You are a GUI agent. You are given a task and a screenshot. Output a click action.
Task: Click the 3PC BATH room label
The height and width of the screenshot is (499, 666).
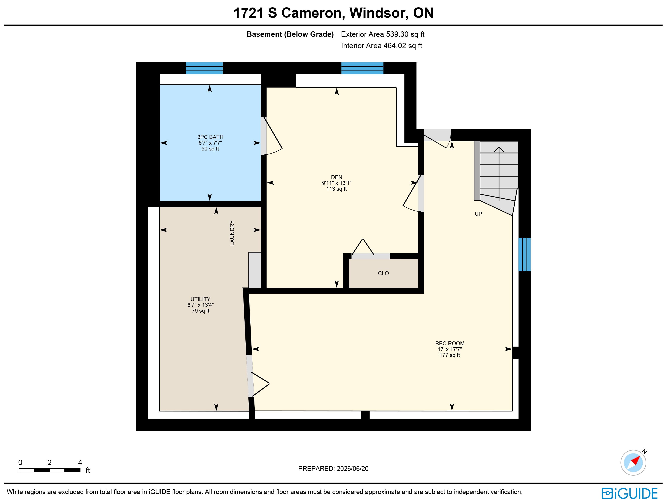click(x=210, y=137)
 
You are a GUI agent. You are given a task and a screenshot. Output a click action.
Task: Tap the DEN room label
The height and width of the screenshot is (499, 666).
click(x=337, y=177)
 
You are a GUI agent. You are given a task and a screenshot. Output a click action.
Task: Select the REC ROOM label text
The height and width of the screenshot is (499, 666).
click(x=450, y=343)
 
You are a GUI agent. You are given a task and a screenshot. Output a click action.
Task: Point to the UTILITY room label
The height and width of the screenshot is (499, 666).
click(x=200, y=299)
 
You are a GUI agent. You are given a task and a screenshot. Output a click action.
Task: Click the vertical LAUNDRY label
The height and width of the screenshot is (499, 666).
click(x=232, y=233)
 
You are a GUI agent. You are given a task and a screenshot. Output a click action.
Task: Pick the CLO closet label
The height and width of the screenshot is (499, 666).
click(x=383, y=273)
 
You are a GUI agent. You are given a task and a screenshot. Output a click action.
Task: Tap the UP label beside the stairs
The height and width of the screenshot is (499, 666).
click(x=478, y=214)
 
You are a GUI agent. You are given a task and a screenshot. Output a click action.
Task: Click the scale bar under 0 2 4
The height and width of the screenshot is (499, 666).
click(x=50, y=470)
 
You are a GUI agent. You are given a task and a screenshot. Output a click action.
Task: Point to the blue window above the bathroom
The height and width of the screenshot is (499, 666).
click(x=204, y=68)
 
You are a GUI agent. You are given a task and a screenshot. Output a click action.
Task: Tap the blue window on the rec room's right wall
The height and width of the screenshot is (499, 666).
click(x=524, y=255)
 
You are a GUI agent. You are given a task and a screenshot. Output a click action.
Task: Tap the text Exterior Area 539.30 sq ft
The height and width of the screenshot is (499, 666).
click(x=383, y=34)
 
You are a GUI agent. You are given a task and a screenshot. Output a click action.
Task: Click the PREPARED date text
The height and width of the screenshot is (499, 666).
click(x=333, y=469)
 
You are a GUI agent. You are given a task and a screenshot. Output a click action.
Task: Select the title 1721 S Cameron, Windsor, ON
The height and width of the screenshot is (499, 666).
click(x=333, y=13)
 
